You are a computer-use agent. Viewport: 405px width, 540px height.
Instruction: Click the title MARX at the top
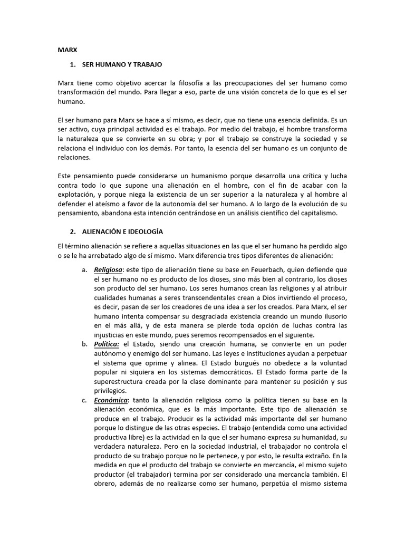pyautogui.click(x=67, y=50)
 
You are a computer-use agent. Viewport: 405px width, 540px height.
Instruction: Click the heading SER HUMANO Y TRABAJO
pyautogui.click(x=122, y=65)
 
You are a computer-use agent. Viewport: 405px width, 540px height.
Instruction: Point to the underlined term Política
pyautogui.click(x=107, y=344)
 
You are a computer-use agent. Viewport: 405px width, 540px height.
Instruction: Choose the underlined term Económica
pyautogui.click(x=111, y=400)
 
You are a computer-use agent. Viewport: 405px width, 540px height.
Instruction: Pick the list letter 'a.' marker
pyautogui.click(x=84, y=269)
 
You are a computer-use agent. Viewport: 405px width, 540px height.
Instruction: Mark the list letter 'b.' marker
pyautogui.click(x=84, y=344)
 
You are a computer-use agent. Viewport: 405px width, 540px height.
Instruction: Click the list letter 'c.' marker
pyautogui.click(x=84, y=400)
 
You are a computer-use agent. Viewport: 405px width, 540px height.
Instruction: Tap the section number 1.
pyautogui.click(x=72, y=65)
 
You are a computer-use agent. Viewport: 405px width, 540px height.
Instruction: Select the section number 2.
pyautogui.click(x=72, y=232)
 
